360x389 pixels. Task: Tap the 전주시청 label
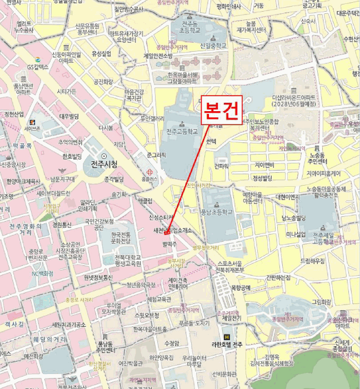(103, 164)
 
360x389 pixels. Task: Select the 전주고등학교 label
(182, 132)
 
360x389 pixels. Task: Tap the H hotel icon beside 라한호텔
(226, 337)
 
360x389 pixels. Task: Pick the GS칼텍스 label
(38, 67)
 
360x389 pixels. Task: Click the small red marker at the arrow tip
(167, 232)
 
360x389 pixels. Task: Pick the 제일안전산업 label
(158, 56)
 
